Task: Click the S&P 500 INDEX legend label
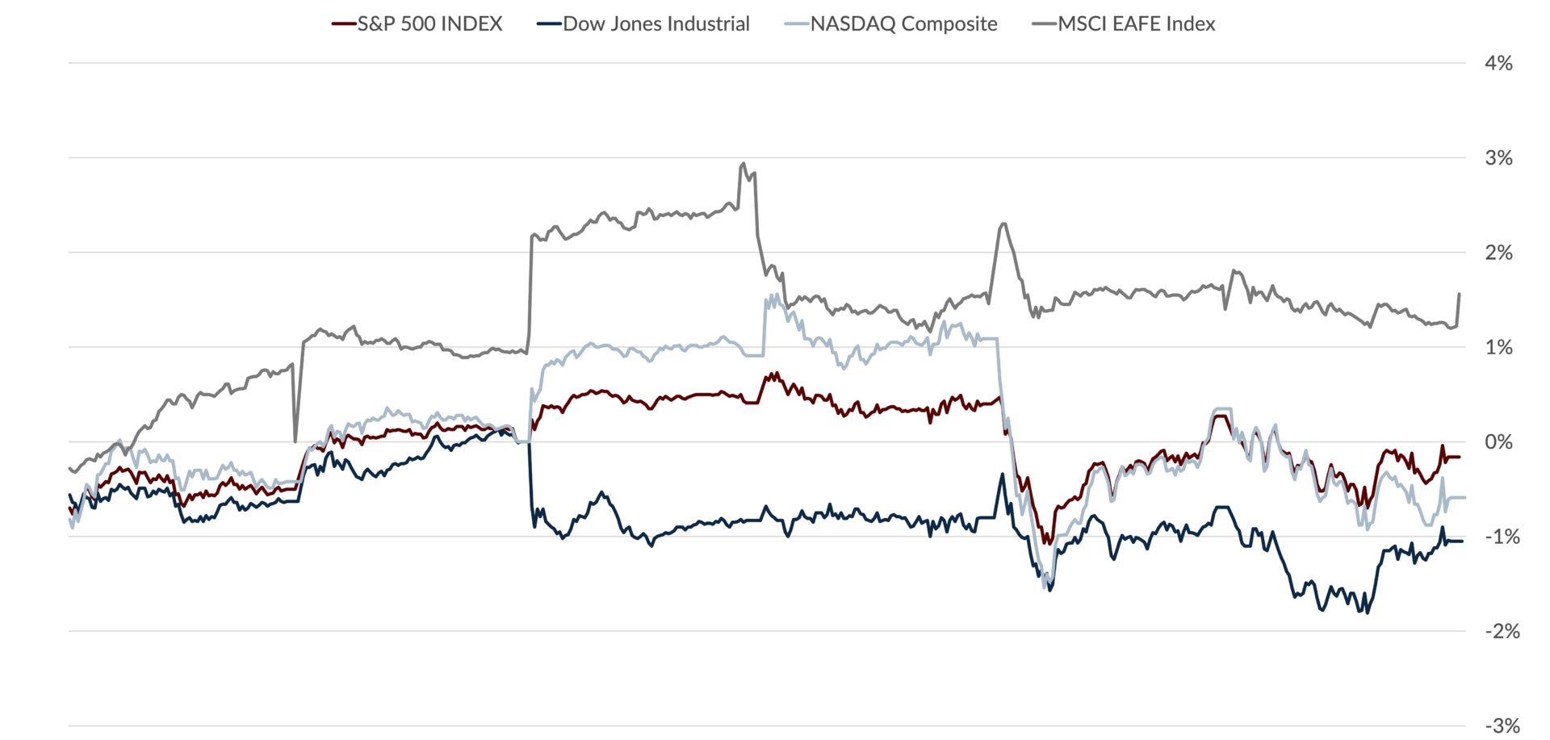tap(429, 24)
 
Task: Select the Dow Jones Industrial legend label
tap(656, 24)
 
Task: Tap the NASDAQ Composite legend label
tap(904, 24)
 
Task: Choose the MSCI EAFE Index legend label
tap(1137, 24)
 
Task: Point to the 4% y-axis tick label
tap(1498, 63)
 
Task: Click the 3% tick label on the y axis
tap(1498, 157)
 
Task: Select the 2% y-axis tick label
tap(1498, 253)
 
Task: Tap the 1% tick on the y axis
tap(1498, 347)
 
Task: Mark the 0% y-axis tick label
tap(1498, 441)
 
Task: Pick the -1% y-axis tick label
tap(1502, 537)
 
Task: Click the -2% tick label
tap(1502, 631)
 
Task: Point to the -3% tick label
tap(1502, 725)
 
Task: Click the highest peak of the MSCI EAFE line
tap(744, 163)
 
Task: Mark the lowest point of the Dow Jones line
tap(1367, 613)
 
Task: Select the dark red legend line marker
tap(344, 24)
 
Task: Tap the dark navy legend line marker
tap(549, 24)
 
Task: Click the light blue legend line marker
tap(797, 24)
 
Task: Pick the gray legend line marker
tap(1045, 24)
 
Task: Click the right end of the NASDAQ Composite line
tap(1465, 498)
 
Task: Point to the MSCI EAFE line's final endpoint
tap(1460, 294)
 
